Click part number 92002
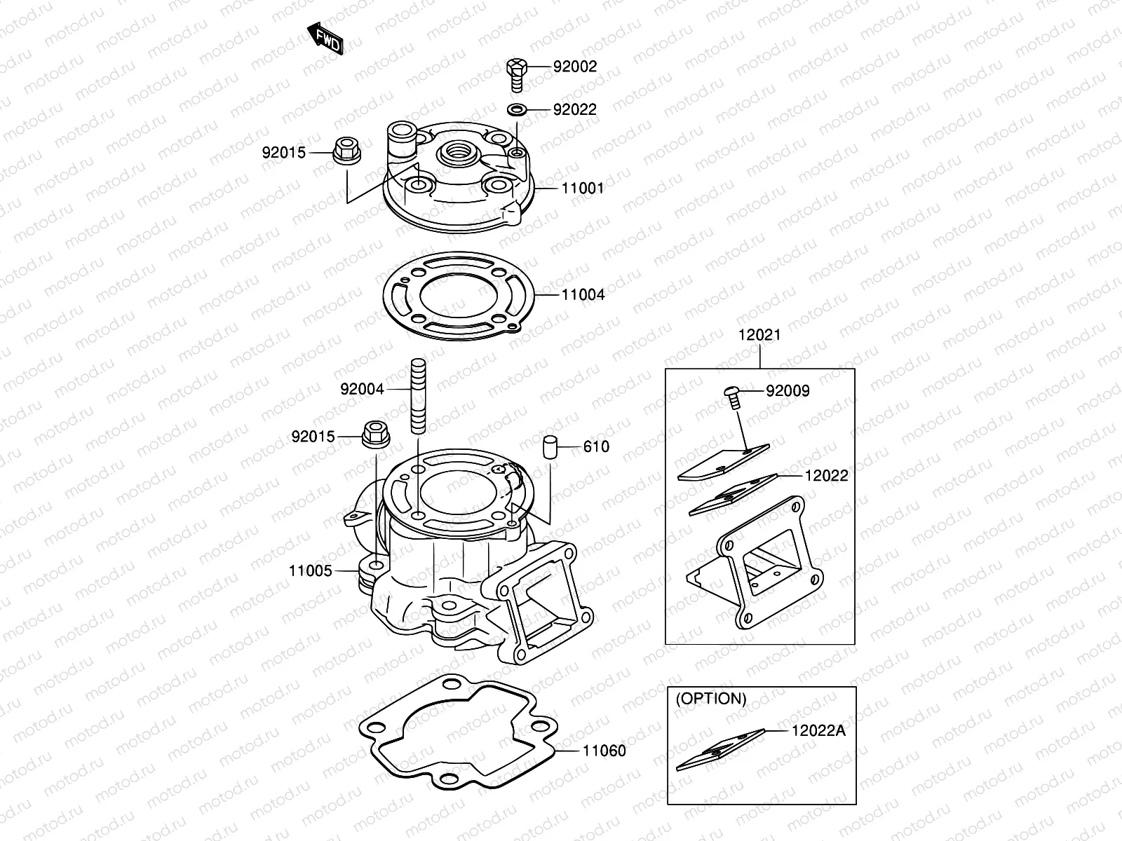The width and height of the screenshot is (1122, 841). point(574,67)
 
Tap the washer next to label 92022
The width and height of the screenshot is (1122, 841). point(517,110)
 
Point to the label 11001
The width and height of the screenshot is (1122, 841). point(582,189)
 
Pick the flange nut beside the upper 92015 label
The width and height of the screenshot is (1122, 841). point(346,150)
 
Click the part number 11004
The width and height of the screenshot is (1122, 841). point(583,294)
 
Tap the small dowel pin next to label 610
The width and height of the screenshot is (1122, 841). point(550,446)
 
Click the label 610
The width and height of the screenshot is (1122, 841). point(596,447)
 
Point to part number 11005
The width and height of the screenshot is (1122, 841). point(310,570)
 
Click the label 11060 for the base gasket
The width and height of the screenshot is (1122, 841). point(604,751)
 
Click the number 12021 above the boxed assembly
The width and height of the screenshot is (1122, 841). point(759,335)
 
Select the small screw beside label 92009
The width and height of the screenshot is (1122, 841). point(732,397)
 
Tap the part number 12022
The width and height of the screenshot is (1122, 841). point(826,476)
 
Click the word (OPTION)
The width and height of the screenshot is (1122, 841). point(710,699)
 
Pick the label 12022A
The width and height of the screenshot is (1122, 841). point(818,731)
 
